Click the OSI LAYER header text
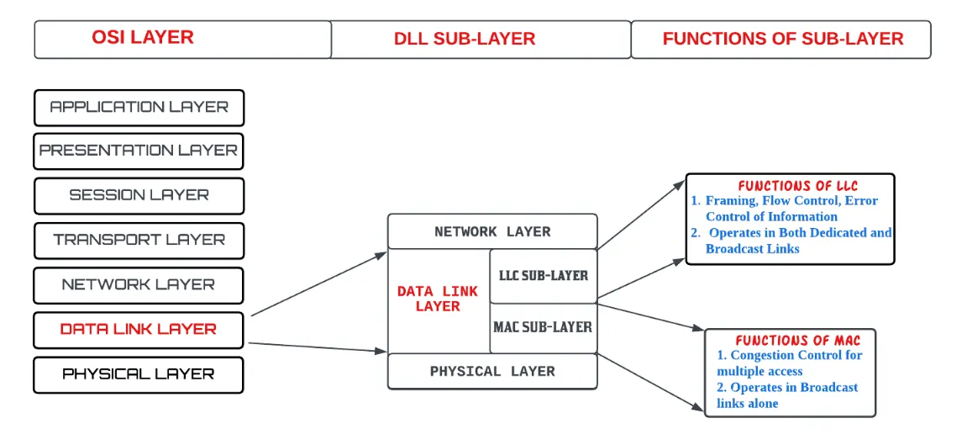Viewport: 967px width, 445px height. pyautogui.click(x=143, y=38)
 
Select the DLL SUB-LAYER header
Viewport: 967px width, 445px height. pyautogui.click(x=465, y=39)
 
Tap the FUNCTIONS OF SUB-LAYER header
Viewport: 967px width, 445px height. pyautogui.click(x=782, y=39)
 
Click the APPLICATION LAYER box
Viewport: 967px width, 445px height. pyautogui.click(x=139, y=108)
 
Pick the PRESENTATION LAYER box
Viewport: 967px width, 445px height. pyautogui.click(x=139, y=151)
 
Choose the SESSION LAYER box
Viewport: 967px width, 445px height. pyautogui.click(x=139, y=195)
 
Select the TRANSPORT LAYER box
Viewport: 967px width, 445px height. pyautogui.click(x=139, y=240)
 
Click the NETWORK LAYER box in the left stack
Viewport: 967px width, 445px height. pyautogui.click(x=139, y=284)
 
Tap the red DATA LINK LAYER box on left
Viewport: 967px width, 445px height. pyautogui.click(x=139, y=329)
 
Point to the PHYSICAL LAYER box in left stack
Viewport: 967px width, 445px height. pyautogui.click(x=139, y=373)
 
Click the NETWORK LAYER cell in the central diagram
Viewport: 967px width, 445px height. pyautogui.click(x=492, y=231)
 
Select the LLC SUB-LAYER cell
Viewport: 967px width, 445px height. pyautogui.click(x=544, y=275)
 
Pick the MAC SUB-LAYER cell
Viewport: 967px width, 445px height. pyautogui.click(x=543, y=326)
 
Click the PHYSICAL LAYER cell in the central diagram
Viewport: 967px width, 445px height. pyautogui.click(x=492, y=371)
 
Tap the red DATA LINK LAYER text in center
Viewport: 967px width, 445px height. pyautogui.click(x=438, y=299)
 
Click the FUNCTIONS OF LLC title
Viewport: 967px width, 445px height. pyautogui.click(x=797, y=186)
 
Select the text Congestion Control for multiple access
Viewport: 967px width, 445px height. pyautogui.click(x=789, y=363)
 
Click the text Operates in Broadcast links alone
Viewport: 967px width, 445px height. pyautogui.click(x=787, y=395)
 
